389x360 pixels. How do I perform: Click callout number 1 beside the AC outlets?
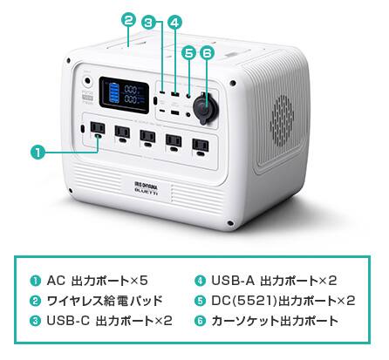click(38, 153)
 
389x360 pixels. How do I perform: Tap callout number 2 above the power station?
click(129, 20)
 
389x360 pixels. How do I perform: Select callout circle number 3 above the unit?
click(149, 23)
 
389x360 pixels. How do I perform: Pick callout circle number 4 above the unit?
click(174, 23)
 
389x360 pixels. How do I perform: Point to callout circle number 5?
click(189, 53)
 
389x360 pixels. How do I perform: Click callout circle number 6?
click(207, 53)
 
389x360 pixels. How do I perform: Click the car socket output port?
click(204, 107)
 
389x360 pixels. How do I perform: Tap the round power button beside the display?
click(86, 81)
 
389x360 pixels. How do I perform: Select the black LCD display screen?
click(124, 95)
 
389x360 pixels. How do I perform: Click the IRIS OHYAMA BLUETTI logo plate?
click(147, 189)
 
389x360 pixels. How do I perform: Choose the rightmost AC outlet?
click(201, 146)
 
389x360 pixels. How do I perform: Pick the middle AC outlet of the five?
click(148, 138)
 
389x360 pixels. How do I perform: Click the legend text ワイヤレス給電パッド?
click(105, 301)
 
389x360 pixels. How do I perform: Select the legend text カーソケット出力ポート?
click(275, 321)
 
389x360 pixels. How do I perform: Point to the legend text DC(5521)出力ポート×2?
click(283, 301)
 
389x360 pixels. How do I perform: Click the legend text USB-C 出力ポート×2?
click(109, 321)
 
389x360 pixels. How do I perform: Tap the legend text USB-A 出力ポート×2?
click(274, 281)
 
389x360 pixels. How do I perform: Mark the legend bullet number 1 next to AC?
click(36, 281)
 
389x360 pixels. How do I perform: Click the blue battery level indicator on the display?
click(113, 94)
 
